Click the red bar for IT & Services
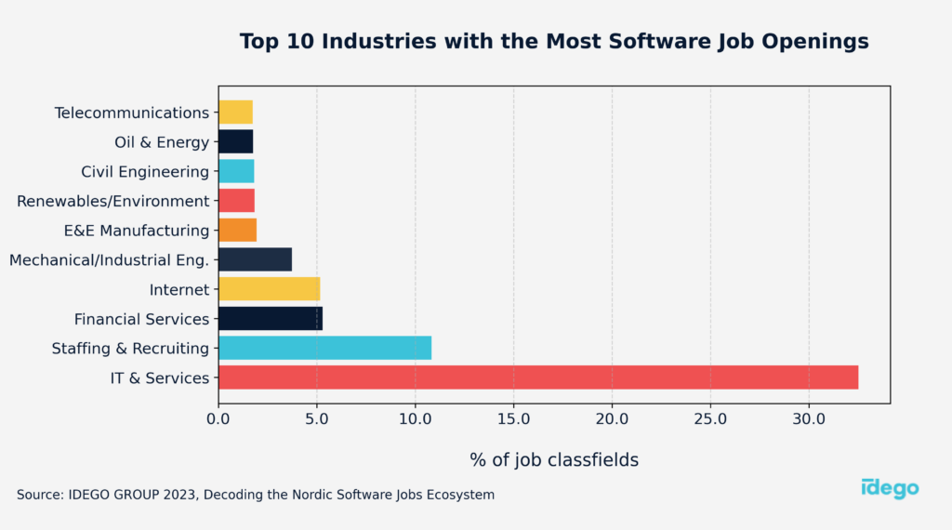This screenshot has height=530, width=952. coord(537,378)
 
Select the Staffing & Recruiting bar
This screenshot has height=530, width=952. coord(324,348)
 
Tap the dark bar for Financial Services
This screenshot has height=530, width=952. coord(270,319)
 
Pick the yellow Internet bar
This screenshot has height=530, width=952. coord(269,289)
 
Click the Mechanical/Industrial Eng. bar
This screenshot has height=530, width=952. coord(255,259)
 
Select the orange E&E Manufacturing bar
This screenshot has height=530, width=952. coord(237,230)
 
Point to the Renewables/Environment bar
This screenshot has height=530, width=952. coord(236,201)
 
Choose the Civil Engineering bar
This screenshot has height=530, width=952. coord(236,171)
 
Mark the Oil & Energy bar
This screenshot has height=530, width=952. coord(235,141)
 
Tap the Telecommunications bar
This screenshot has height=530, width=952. coord(235,113)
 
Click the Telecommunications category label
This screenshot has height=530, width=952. coord(132,113)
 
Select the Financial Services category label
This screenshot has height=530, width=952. coord(142,319)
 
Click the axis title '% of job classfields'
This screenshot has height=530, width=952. coord(554,459)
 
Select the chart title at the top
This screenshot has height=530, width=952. coord(554,42)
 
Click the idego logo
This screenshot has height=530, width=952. coord(890,488)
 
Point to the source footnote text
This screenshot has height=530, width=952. coord(256,495)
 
